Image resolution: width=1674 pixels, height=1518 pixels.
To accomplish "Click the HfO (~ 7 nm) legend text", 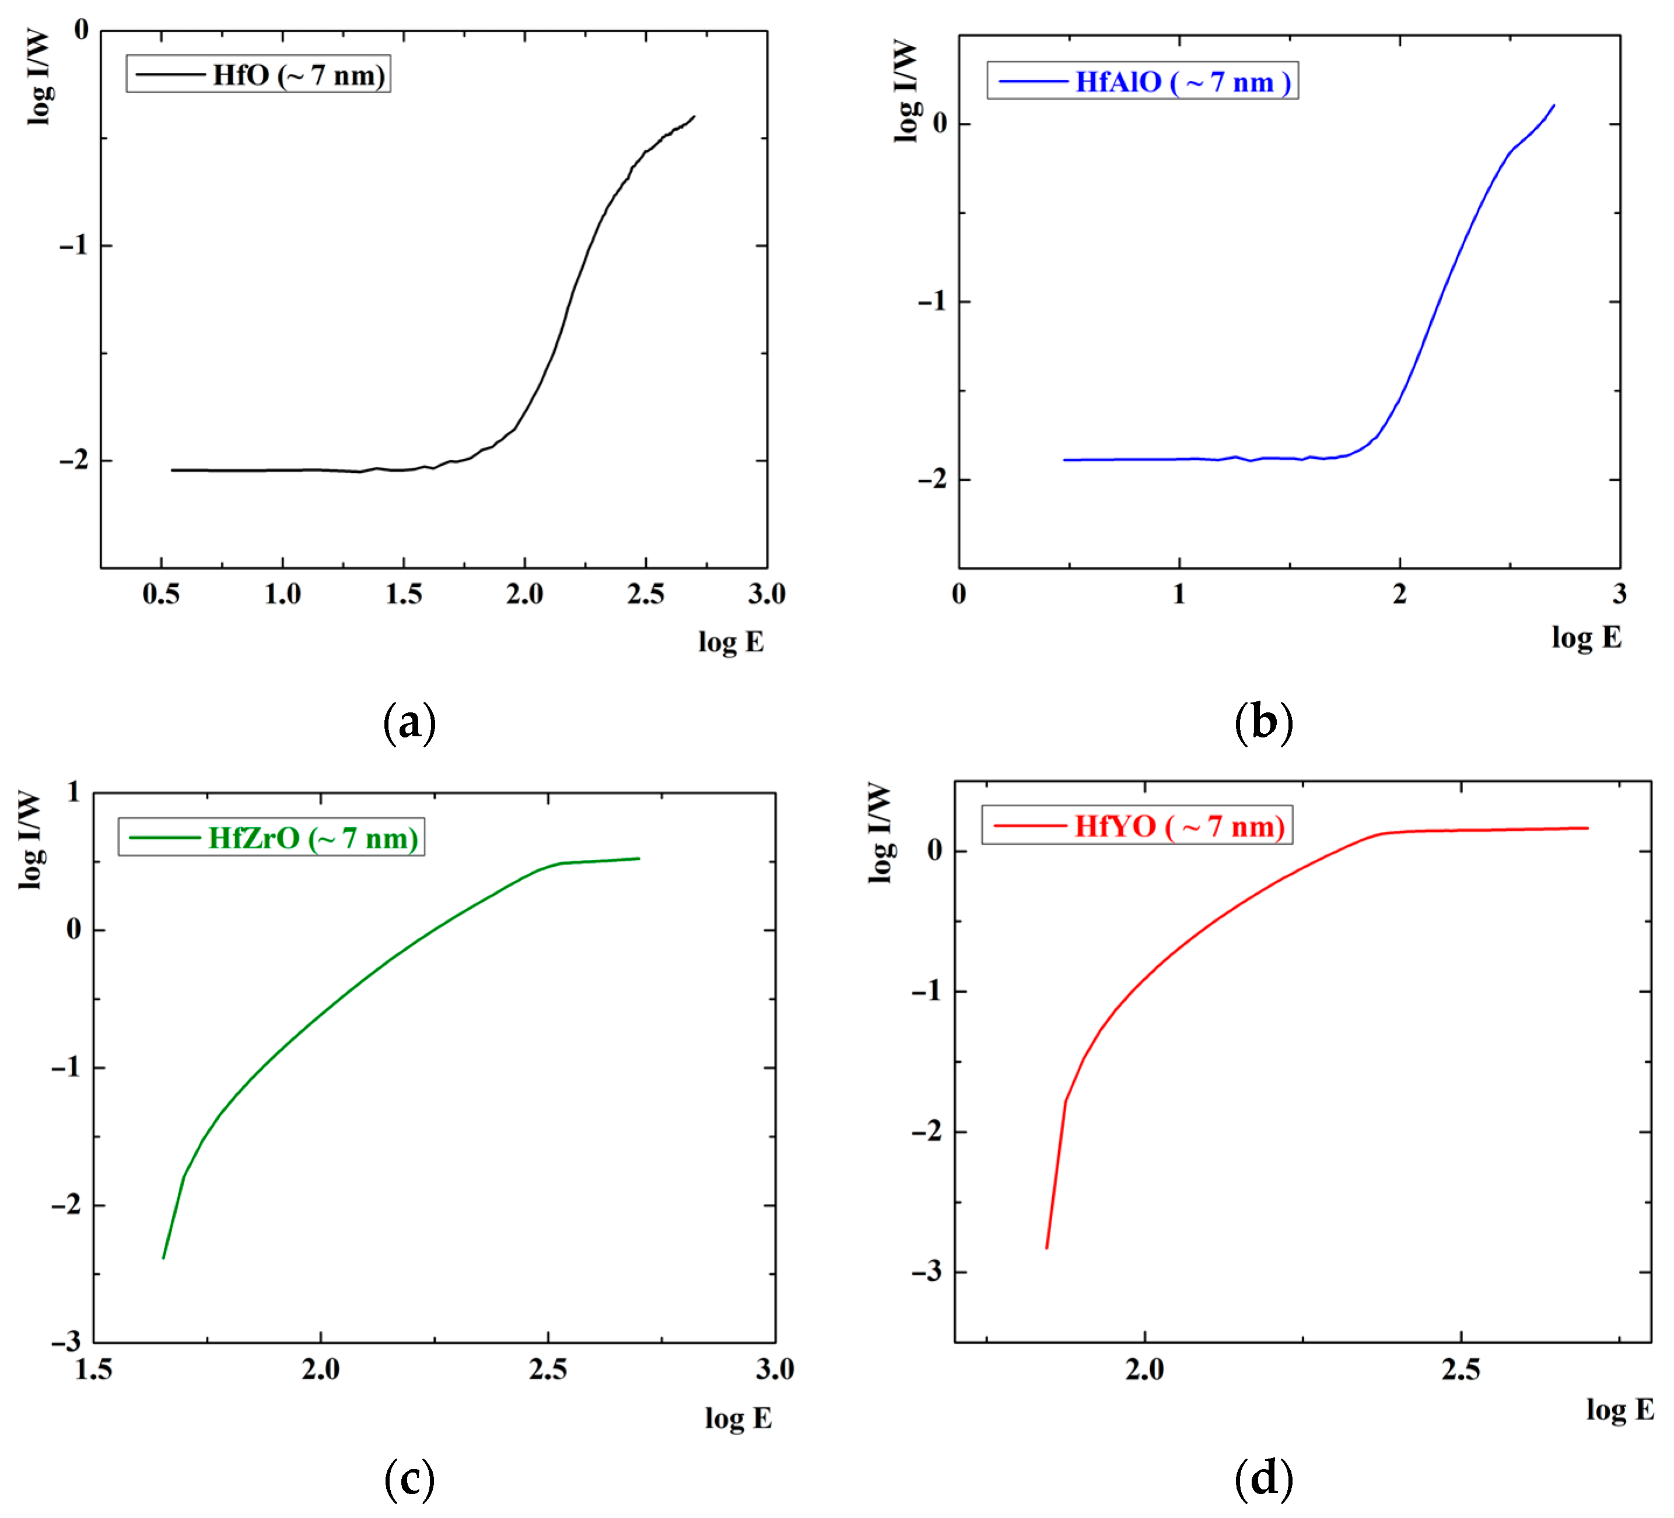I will pyautogui.click(x=299, y=76).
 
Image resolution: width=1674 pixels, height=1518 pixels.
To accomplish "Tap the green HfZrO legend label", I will pyautogui.click(x=313, y=838).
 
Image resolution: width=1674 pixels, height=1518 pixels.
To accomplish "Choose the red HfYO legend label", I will pyautogui.click(x=1179, y=827).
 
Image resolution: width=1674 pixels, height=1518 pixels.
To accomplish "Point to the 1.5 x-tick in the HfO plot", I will pyautogui.click(x=404, y=594).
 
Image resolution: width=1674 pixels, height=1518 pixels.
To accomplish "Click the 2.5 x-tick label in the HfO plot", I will pyautogui.click(x=646, y=594).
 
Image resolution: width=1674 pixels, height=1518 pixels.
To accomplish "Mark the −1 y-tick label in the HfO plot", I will pyautogui.click(x=74, y=245).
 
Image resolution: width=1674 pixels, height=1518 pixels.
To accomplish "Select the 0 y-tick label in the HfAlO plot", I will pyautogui.click(x=940, y=124).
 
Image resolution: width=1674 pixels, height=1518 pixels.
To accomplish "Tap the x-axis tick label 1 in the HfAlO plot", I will pyautogui.click(x=1179, y=594).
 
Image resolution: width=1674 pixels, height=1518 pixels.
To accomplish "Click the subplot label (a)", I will pyautogui.click(x=409, y=722).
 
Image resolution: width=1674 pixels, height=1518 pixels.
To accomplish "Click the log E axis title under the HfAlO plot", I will pyautogui.click(x=1586, y=637).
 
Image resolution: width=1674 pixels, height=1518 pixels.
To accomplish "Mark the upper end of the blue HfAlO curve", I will pyautogui.click(x=1554, y=106).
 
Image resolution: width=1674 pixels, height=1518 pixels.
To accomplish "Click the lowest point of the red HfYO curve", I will pyautogui.click(x=1046, y=1248).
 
